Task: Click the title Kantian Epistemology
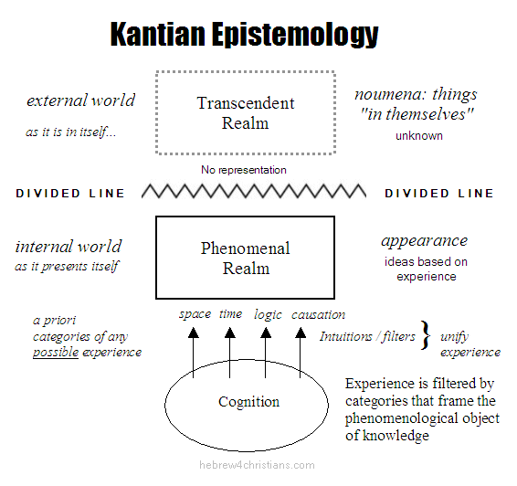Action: [x=244, y=35]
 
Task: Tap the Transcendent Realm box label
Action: [x=246, y=113]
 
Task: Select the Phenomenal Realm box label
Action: [x=246, y=259]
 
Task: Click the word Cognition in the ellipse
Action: [x=249, y=402]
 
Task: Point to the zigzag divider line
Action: [x=254, y=191]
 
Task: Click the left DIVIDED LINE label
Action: [x=70, y=194]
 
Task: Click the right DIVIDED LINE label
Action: [x=439, y=194]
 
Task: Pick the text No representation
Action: [x=244, y=170]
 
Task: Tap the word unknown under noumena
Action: [x=419, y=136]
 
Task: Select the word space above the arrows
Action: [x=195, y=314]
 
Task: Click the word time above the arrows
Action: [x=231, y=313]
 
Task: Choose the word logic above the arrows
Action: [x=268, y=314]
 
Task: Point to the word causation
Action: [x=318, y=314]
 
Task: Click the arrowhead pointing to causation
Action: [x=300, y=333]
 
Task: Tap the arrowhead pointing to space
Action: [x=194, y=333]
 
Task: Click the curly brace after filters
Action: [x=426, y=335]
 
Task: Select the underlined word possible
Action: [x=56, y=353]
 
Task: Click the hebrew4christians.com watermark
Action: [x=257, y=465]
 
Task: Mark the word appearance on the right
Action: [x=425, y=241]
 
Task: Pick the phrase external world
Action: [x=80, y=100]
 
